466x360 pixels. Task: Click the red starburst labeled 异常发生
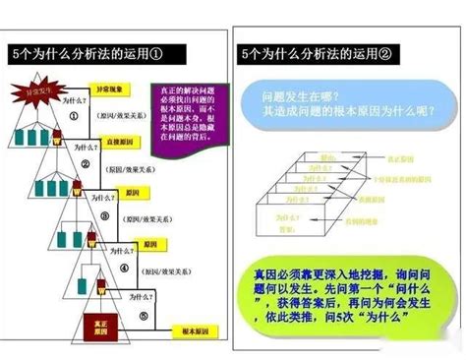coord(35,95)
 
